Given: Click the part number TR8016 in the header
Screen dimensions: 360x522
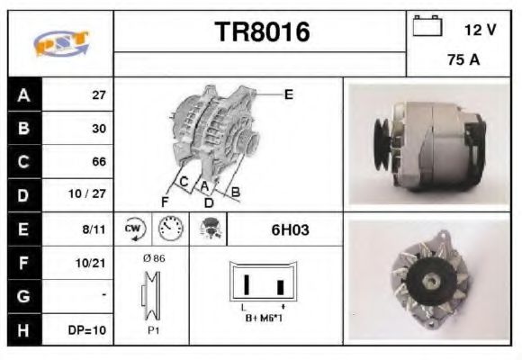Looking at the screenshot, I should click(261, 33).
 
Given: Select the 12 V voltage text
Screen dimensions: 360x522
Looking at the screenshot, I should click(480, 30).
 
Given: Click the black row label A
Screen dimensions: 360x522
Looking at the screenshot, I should click(23, 94).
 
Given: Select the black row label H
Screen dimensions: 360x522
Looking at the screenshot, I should click(23, 329).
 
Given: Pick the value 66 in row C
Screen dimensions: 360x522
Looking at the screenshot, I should click(99, 162).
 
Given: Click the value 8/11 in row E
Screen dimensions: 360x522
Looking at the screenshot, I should click(94, 229).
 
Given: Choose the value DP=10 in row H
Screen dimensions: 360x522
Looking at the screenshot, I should click(90, 329).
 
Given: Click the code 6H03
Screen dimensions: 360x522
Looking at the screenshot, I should click(290, 229).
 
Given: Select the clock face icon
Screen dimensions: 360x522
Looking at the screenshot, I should click(168, 229).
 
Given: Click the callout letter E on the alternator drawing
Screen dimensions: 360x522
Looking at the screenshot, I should click(288, 94).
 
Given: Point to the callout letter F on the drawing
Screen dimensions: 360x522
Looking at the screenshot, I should click(165, 200).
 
